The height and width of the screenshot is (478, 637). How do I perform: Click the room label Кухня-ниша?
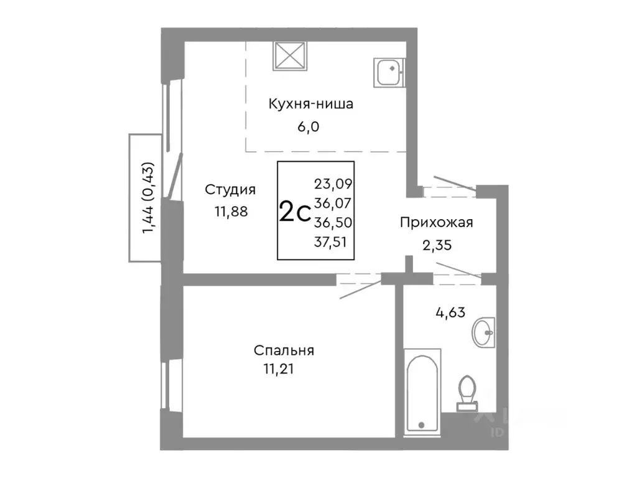click(x=310, y=104)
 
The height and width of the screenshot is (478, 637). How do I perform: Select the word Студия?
click(x=231, y=189)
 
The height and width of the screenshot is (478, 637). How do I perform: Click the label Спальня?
click(x=284, y=350)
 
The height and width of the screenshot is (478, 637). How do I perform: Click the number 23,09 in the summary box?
click(x=333, y=184)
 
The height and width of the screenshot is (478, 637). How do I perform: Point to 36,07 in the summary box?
click(x=333, y=203)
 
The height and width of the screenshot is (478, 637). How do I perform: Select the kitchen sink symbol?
click(x=389, y=72)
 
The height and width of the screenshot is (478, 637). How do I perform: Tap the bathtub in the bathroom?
click(x=422, y=392)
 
